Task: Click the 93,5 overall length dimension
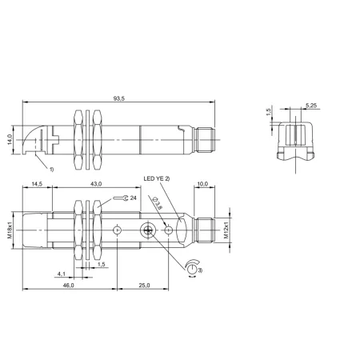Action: point(119,98)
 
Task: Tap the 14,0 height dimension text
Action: point(10,140)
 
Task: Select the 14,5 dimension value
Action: point(37,184)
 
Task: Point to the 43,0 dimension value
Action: point(96,184)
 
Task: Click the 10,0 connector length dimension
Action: point(202,184)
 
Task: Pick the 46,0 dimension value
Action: point(68,286)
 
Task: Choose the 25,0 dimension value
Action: point(144,286)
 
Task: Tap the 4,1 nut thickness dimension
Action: point(62,274)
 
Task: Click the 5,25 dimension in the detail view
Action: point(311,106)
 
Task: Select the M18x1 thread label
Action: point(10,230)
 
